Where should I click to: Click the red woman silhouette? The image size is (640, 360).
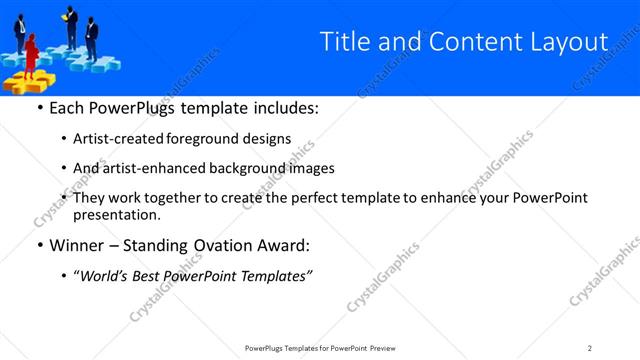click(30, 53)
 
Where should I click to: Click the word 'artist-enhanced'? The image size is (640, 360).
click(161, 168)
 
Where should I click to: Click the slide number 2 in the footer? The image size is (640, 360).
click(590, 347)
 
